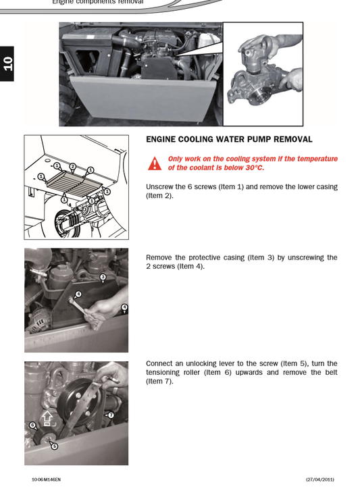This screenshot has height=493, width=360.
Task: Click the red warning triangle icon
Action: [155, 163]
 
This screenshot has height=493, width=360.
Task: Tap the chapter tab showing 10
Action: [7, 63]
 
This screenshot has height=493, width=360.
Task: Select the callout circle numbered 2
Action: [73, 167]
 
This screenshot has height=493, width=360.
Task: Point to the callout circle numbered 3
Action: [103, 277]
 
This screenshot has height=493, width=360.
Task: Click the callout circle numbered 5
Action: [55, 446]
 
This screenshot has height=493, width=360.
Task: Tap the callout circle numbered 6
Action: [32, 425]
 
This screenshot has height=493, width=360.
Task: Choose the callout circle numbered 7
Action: [111, 415]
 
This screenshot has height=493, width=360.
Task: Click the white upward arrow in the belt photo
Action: [47, 418]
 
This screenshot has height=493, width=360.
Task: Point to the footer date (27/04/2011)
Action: [320, 479]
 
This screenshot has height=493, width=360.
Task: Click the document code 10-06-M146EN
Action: [46, 479]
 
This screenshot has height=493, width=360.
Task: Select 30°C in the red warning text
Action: [255, 167]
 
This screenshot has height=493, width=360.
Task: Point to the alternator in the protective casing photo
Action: [38, 319]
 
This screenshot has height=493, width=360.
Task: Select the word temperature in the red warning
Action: [317, 159]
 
